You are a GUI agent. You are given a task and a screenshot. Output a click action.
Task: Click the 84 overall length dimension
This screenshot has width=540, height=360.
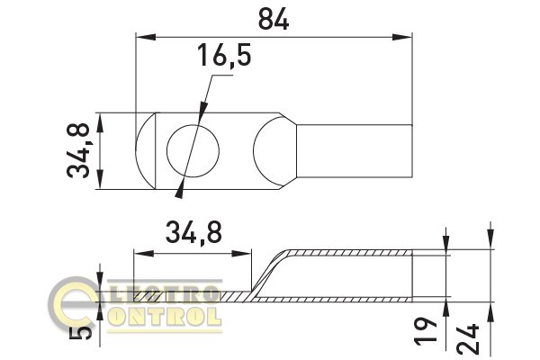(274, 19)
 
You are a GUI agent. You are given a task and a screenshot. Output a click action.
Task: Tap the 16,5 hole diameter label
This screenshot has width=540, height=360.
(224, 55)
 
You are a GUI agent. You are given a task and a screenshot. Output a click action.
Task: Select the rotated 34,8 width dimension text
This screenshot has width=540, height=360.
(78, 151)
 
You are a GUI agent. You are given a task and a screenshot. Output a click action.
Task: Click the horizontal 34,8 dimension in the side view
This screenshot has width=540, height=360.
(193, 232)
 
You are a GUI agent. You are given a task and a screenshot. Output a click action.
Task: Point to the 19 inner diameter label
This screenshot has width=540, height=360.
(426, 330)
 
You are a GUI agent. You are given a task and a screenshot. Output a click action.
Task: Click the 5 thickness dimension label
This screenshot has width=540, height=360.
(80, 333)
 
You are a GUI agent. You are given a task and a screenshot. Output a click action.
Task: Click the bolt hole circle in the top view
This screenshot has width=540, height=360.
(193, 151)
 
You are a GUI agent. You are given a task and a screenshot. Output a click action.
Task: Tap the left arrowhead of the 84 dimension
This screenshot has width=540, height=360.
(146, 37)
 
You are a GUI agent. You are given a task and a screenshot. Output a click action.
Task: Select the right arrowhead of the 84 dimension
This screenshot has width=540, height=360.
(402, 37)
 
